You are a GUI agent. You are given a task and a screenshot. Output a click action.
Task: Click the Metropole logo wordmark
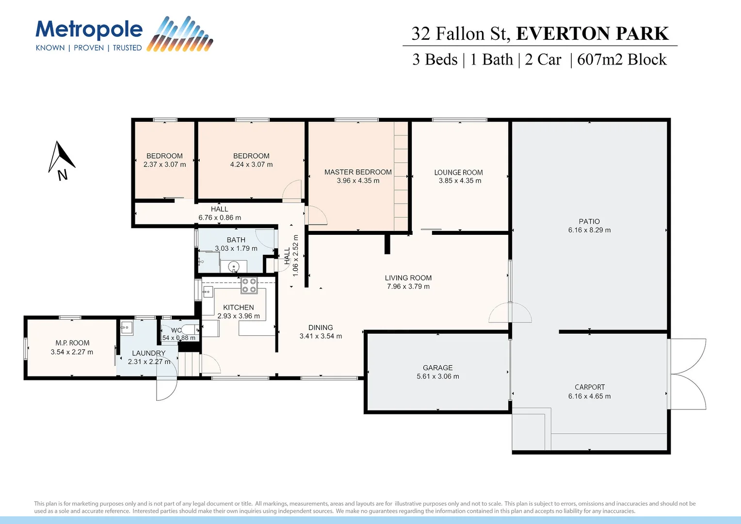89,30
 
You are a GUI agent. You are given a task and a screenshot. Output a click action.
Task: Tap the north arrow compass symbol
61,158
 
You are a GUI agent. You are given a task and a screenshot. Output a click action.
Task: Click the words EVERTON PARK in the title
592,33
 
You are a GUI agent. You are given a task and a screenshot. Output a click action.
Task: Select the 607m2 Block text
622,60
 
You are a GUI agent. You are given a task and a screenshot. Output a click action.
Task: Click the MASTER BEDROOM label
358,172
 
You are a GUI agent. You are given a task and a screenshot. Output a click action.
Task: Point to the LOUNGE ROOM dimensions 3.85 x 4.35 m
460,181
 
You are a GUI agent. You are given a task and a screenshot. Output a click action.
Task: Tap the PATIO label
589,222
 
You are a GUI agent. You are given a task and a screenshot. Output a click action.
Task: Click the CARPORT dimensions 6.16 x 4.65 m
589,396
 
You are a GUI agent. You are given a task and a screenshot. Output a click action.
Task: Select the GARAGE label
437,368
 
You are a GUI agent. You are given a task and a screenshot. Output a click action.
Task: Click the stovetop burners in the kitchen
249,286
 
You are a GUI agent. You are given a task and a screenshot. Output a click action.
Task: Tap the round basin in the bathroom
234,266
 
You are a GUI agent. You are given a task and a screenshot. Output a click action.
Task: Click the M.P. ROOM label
72,343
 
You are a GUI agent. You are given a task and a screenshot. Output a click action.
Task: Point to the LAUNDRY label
148,353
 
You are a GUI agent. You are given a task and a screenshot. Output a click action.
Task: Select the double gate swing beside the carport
688,374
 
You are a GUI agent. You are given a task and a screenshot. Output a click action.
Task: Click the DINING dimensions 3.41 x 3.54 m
321,336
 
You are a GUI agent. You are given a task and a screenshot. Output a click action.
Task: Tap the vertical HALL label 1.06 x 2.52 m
291,256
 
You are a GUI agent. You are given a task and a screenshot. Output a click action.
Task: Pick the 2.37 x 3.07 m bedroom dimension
164,164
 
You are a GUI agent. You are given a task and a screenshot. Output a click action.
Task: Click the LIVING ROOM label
408,278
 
